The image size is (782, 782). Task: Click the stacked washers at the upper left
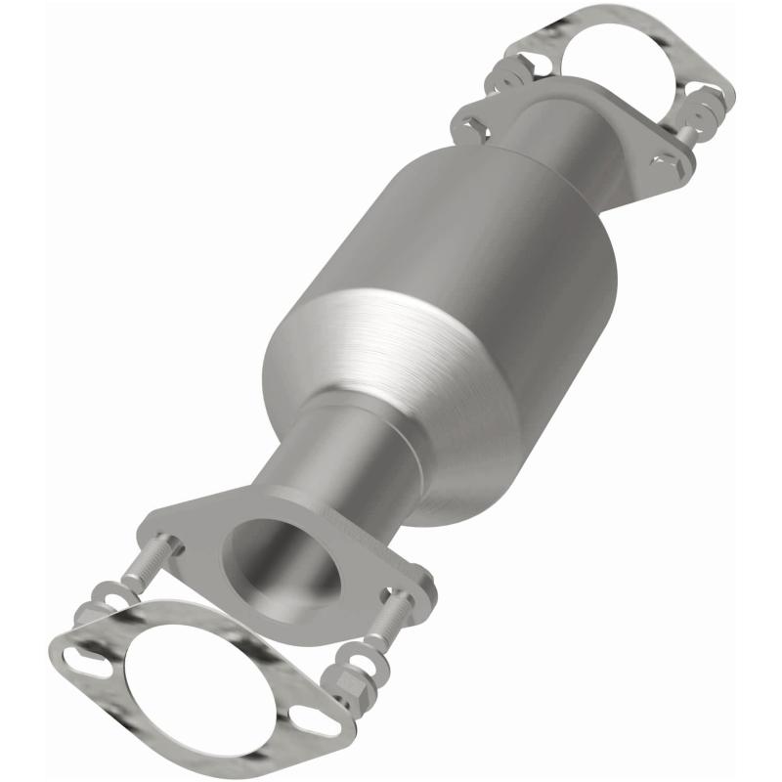click(513, 73)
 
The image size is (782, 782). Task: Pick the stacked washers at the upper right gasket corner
click(718, 98)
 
